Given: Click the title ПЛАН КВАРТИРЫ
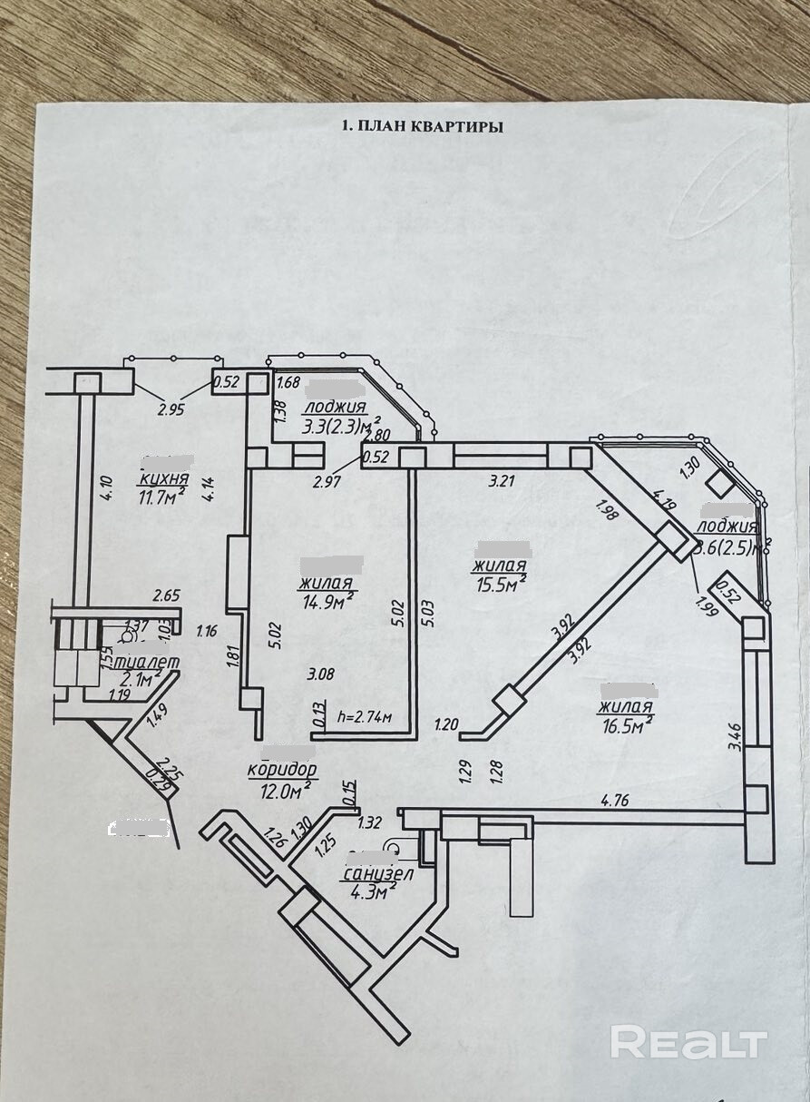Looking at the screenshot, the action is click(x=423, y=128).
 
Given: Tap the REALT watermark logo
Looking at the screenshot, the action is click(x=688, y=1042).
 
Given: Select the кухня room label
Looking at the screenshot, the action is click(x=163, y=479).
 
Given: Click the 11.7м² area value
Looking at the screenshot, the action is click(x=162, y=497).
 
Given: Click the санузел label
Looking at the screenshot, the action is click(x=378, y=874).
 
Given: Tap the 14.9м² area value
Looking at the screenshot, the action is click(x=327, y=600).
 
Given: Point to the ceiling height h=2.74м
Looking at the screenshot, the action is click(x=363, y=716).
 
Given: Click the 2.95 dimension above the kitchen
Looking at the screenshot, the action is click(x=171, y=409).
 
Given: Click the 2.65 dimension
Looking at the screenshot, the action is click(x=167, y=595).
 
